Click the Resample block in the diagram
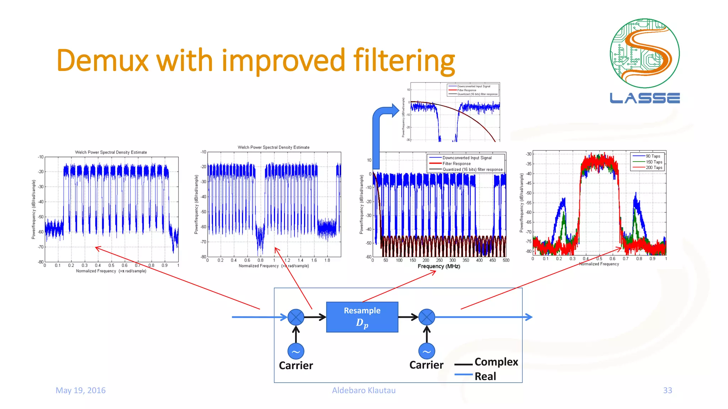(x=362, y=317)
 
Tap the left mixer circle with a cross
(x=296, y=317)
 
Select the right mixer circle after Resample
(x=427, y=317)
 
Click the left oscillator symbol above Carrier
(x=296, y=351)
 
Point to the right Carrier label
(x=426, y=365)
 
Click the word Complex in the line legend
(x=496, y=362)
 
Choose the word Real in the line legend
(x=485, y=376)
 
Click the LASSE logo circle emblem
(x=644, y=53)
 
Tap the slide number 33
(x=667, y=390)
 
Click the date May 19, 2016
(x=81, y=390)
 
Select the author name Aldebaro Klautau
(x=364, y=390)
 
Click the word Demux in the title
(x=102, y=60)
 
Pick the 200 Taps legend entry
(x=654, y=168)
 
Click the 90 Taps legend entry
(x=653, y=156)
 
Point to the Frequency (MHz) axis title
(x=439, y=266)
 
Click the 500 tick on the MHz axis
(x=505, y=260)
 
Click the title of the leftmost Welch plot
(x=111, y=152)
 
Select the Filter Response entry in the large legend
(x=456, y=164)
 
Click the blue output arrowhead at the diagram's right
(x=529, y=317)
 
